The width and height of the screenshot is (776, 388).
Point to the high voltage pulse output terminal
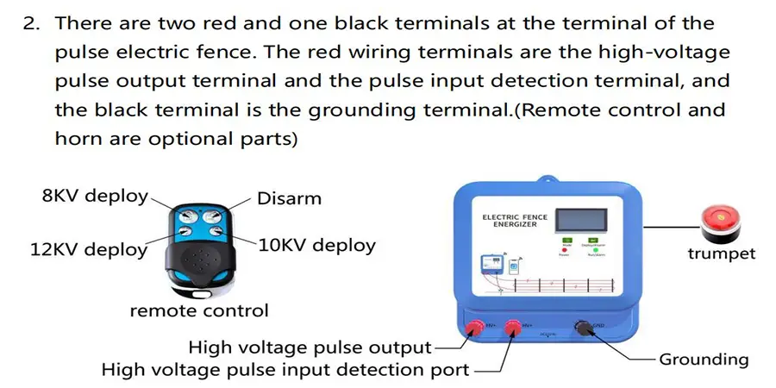point(474,327)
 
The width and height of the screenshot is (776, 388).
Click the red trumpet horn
point(720,221)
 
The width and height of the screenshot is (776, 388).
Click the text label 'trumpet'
point(721,253)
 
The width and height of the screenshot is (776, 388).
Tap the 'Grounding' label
point(704,359)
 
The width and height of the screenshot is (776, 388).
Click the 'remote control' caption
point(199,310)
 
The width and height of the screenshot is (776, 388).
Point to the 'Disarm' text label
point(289,198)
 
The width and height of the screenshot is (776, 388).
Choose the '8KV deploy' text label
point(95,196)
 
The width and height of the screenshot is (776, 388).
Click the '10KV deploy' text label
point(317,245)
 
